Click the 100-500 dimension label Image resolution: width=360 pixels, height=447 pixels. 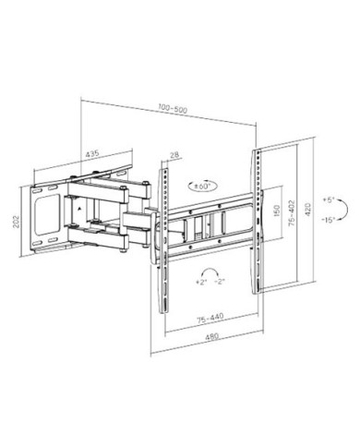[173, 109]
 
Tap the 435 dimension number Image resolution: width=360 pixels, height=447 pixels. [91, 153]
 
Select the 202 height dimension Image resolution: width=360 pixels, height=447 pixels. [16, 222]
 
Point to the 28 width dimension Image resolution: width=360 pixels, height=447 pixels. [174, 154]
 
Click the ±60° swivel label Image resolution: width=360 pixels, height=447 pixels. [203, 186]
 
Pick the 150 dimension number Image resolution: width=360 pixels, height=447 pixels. [277, 211]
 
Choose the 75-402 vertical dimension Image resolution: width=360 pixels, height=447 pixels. [292, 213]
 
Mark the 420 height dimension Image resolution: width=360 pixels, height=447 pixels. [308, 210]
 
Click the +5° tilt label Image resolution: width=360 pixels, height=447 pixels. [329, 199]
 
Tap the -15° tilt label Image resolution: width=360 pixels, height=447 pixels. [328, 220]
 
